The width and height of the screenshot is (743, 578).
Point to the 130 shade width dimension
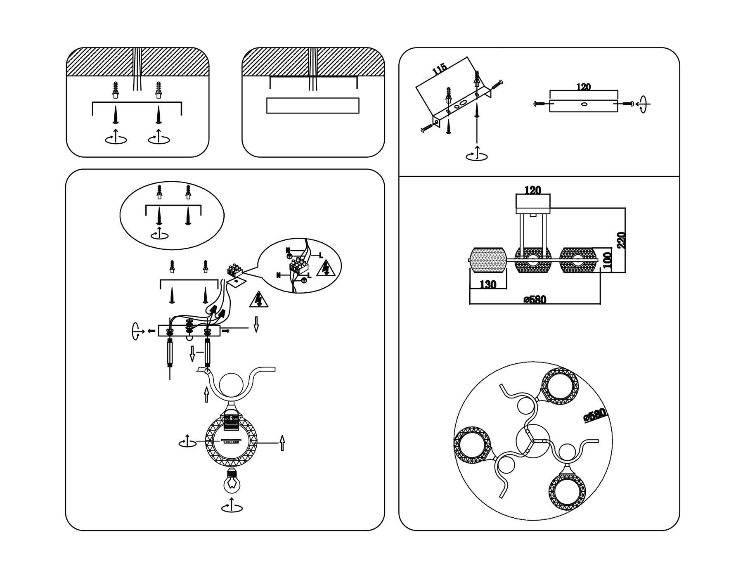pos(488,284)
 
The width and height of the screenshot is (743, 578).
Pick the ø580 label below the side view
pos(535,299)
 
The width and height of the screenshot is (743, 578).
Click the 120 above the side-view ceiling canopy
pos(532,190)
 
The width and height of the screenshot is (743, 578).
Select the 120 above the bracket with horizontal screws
pos(583,87)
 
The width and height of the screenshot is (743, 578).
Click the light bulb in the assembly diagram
pos(232,481)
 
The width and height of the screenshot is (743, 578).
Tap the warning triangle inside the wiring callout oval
pos(326,269)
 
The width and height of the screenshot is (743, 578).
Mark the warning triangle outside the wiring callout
pos(258,300)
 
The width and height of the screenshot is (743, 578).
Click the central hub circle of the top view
pos(533,441)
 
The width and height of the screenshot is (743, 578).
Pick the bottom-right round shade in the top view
pos(567,492)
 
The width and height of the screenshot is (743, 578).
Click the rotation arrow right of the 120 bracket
pos(643,104)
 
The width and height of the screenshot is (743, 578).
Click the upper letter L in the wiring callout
pos(320,256)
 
